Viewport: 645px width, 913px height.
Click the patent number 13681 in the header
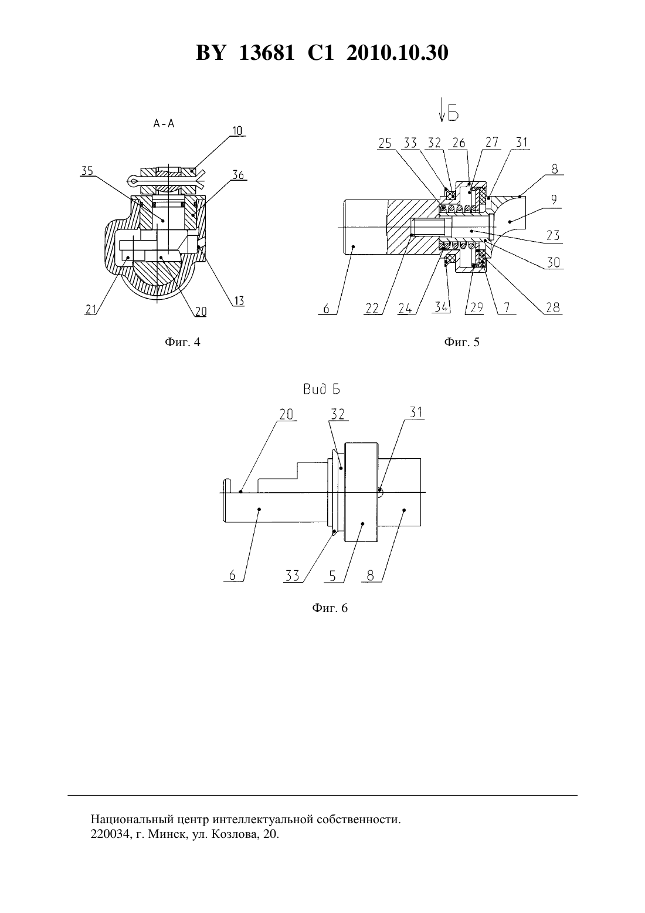[x=266, y=53]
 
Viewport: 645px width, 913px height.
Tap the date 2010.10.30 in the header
[x=398, y=53]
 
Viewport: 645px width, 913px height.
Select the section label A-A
[x=164, y=124]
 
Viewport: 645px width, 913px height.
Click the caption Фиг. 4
[x=182, y=342]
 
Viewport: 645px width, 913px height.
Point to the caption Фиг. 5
[x=462, y=342]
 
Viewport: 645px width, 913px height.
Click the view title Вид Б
[x=321, y=390]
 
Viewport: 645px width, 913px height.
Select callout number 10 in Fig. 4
[x=237, y=131]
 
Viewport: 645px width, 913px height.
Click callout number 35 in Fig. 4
[x=87, y=171]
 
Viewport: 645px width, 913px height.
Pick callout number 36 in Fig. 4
[x=238, y=175]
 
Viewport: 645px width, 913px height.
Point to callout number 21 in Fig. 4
[x=90, y=310]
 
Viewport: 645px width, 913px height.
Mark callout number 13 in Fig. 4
[x=239, y=301]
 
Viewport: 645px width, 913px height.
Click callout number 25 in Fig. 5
[x=385, y=144]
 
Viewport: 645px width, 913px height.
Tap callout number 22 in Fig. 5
[x=372, y=309]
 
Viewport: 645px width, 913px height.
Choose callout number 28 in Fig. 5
[x=553, y=307]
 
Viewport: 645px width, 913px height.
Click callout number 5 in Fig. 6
[x=332, y=577]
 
